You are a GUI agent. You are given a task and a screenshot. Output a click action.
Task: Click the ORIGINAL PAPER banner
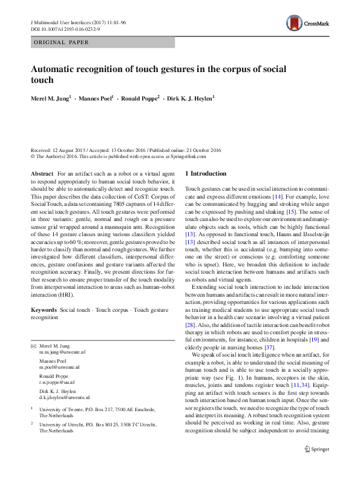(62, 42)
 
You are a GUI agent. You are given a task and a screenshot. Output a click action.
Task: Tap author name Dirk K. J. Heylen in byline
(189, 97)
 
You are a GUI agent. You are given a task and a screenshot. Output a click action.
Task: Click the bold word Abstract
(42, 174)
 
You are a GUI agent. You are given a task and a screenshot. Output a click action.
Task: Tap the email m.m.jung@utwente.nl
(62, 351)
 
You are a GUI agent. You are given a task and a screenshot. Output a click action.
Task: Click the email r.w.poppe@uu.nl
(57, 383)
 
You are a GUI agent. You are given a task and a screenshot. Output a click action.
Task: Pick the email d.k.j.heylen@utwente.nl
(64, 397)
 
